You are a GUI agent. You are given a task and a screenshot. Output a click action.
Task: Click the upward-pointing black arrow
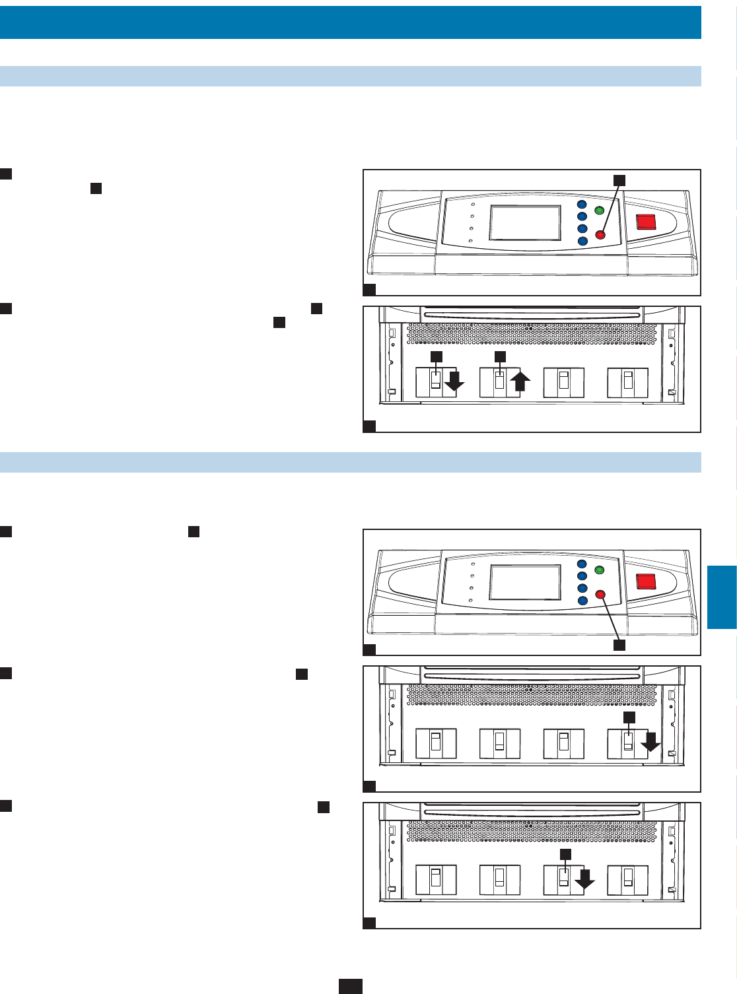coord(520,381)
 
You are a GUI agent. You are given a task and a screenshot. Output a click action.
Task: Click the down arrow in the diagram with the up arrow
coord(454,381)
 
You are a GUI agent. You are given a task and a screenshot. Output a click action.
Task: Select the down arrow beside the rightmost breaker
coord(650,741)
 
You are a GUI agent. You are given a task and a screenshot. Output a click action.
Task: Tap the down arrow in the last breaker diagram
coord(584,878)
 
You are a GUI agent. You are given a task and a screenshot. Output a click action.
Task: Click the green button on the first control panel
coord(600,211)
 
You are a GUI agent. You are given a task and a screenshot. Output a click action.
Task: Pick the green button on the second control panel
coord(600,570)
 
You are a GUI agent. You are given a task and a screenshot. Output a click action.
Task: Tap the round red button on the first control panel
coord(600,235)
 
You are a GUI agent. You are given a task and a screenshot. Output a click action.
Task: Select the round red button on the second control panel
coord(600,594)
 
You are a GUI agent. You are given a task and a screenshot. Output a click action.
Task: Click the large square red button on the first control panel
coord(645,222)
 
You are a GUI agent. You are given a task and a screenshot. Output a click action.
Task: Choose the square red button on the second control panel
coord(645,581)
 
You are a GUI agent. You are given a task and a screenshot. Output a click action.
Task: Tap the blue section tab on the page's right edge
coord(722,597)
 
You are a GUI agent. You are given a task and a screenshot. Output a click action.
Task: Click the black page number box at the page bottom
coord(351,986)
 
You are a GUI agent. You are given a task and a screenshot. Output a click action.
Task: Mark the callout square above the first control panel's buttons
coord(619,180)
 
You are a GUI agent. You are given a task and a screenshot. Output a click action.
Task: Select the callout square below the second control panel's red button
coord(619,645)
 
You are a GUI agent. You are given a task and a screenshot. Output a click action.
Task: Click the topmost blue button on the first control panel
coord(582,205)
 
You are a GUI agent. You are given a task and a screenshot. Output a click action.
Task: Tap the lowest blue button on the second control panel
coord(582,601)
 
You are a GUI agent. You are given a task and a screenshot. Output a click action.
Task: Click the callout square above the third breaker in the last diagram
coord(565,854)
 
